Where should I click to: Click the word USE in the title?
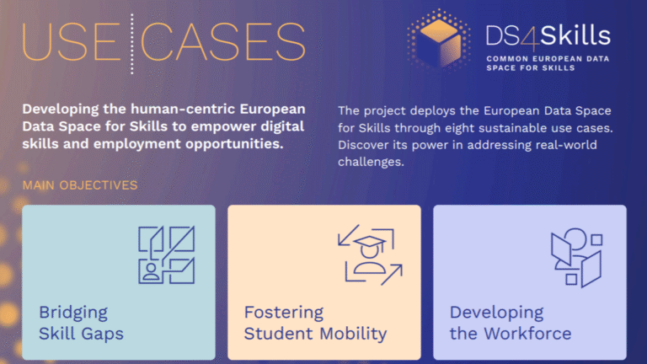[x=72, y=41]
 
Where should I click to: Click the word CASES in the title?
[x=223, y=41]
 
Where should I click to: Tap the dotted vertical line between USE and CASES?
[x=132, y=44]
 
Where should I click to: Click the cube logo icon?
[x=439, y=40]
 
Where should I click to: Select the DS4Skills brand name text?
[x=548, y=35]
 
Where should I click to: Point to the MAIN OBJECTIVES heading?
[x=80, y=185]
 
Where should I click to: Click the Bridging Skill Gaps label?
[x=81, y=323]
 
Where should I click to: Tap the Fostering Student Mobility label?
[x=316, y=323]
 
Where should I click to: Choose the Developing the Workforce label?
[x=511, y=323]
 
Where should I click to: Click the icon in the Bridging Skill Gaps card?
[x=166, y=254]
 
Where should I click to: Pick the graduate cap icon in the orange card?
[x=370, y=254]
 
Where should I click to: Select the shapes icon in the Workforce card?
[x=577, y=258]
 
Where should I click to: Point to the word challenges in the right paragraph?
[x=371, y=162]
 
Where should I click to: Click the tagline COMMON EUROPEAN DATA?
[x=548, y=59]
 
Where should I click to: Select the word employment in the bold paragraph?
[x=137, y=144]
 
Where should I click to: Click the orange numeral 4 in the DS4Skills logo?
[x=530, y=37]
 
